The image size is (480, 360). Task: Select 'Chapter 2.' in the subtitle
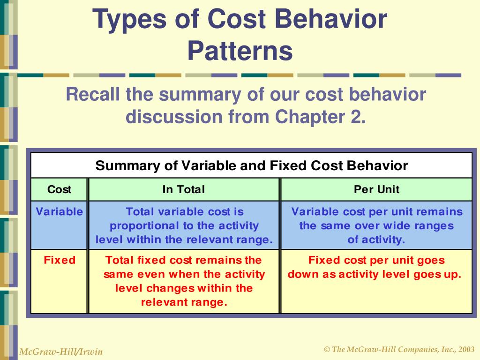[x=320, y=116]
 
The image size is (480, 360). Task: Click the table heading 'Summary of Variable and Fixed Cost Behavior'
[x=252, y=165]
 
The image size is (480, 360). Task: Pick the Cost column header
[x=59, y=189]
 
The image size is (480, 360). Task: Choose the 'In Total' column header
[x=184, y=189]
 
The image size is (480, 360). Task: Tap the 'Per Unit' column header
[x=376, y=189]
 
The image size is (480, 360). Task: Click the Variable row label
[x=60, y=211]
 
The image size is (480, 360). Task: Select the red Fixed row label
[x=60, y=260]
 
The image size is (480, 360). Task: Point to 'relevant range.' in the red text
[x=184, y=302]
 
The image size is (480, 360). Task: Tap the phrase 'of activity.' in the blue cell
[x=376, y=240]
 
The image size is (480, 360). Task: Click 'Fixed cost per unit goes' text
[x=376, y=260]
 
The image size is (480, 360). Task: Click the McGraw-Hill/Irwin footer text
[x=60, y=352]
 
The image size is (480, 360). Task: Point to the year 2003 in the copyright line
[x=466, y=350]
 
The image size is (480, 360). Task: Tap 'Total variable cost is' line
[x=185, y=211]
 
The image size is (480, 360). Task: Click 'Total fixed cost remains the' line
[x=184, y=260]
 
